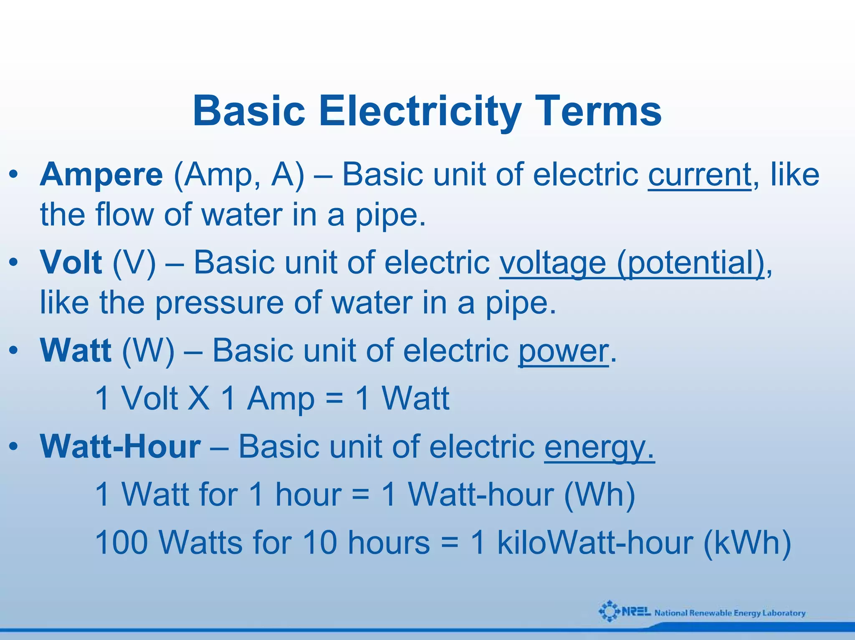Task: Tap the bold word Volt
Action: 71,263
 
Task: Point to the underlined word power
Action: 563,351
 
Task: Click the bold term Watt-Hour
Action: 120,447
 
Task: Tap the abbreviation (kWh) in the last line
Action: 747,543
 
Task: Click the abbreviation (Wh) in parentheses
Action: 600,495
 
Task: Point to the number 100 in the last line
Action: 121,543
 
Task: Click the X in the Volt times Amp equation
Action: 199,398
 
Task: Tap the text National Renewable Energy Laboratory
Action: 730,613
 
